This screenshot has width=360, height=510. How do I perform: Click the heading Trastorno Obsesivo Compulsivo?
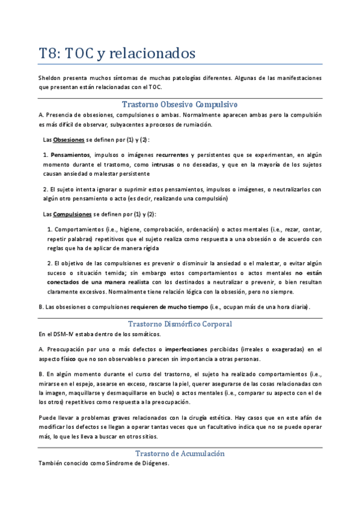point(180,104)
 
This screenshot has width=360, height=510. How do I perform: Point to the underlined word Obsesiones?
point(69,140)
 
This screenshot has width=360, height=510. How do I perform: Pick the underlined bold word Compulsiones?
point(73,214)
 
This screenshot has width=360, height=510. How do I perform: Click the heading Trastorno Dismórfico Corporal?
point(180,324)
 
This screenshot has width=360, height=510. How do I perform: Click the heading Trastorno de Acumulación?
point(180,453)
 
